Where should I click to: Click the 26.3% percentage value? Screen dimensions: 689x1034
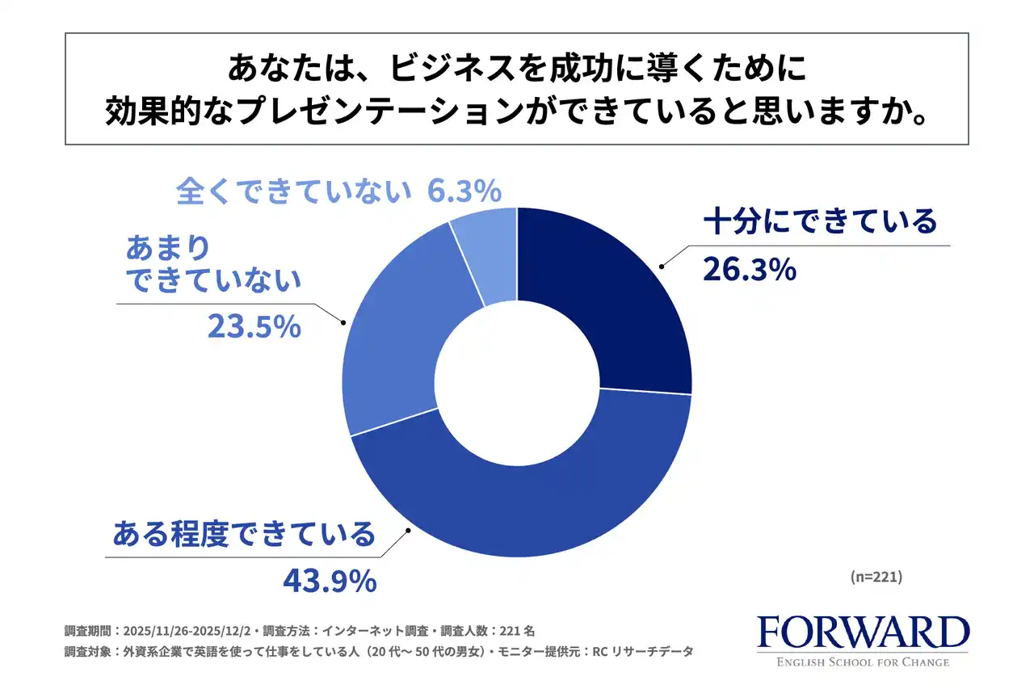750,270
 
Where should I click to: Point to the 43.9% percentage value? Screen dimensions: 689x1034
330,580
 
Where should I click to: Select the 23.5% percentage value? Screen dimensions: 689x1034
254,326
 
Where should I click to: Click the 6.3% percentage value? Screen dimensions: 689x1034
464,191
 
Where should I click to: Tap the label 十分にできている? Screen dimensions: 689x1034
820,221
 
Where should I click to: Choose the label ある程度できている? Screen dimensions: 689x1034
244,534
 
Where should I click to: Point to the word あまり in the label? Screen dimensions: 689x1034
168,246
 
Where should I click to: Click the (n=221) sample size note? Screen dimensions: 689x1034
876,578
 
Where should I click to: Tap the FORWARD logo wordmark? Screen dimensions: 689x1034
863,633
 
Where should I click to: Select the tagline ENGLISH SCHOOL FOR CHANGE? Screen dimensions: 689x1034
863,663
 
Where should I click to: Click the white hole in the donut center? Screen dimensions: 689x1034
517,382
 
